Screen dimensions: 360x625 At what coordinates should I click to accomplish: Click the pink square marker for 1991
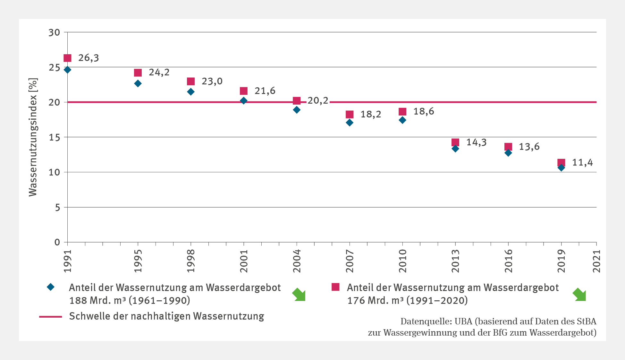67,58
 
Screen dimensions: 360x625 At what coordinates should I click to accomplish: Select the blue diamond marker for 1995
138,83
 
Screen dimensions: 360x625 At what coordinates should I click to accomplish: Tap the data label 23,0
212,81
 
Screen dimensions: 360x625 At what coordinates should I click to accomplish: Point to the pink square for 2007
350,115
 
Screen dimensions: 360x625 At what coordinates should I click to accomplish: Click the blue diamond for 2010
402,120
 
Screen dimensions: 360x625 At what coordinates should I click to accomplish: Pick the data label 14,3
476,142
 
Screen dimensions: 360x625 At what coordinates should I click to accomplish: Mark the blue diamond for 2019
561,167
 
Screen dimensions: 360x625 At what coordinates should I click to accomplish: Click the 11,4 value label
582,163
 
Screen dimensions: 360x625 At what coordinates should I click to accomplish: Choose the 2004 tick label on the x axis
297,261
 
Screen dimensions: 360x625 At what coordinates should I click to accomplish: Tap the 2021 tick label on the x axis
596,261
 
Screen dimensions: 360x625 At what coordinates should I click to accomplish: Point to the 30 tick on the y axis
54,32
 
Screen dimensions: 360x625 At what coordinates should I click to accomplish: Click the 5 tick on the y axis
57,208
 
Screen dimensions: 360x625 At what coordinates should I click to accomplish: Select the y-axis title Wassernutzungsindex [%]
33,137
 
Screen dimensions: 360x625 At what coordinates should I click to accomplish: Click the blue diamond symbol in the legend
51,287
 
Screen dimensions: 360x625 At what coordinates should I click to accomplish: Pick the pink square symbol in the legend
335,287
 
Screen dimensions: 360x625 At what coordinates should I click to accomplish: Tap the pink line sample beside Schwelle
51,317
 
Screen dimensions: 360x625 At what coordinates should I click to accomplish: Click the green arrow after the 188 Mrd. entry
299,295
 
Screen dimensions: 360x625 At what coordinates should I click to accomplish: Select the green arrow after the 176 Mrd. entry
579,295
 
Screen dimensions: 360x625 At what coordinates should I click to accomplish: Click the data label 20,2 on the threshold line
318,101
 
